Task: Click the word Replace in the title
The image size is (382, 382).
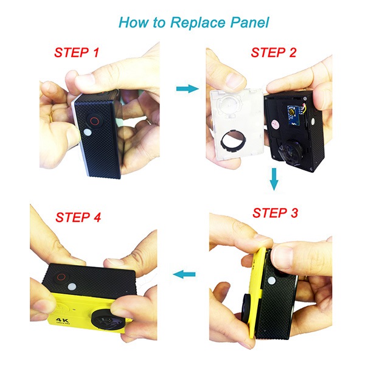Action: pos(198,23)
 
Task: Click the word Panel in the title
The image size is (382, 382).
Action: pos(250,23)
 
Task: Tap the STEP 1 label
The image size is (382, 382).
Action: pos(77,52)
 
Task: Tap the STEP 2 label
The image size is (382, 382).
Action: pos(273,52)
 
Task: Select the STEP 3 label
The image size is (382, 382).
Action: pos(275,213)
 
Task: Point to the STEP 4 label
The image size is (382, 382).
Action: pos(78,217)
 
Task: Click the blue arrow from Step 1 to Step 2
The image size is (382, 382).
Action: pos(187,88)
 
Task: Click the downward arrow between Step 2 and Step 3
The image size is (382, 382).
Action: pos(274,179)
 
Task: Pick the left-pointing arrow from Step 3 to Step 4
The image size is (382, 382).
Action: pos(184,274)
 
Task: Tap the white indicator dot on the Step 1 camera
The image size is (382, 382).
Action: pos(87,133)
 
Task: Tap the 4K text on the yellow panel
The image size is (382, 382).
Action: pos(61,320)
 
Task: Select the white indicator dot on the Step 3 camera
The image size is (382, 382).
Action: pos(272,281)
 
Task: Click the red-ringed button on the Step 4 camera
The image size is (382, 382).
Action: pos(61,277)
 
